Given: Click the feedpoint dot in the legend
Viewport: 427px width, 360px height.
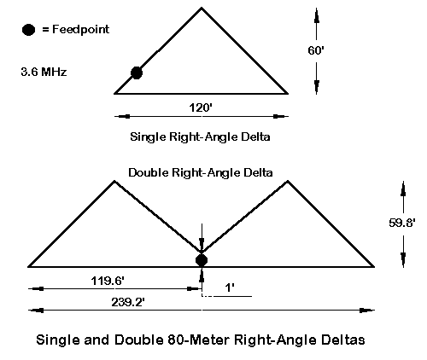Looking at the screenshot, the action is [28, 30].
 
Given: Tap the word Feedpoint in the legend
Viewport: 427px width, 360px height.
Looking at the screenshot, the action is [80, 29].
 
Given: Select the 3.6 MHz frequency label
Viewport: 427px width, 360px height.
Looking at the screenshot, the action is [44, 72].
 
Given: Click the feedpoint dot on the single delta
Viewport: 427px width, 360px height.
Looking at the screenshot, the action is [137, 73].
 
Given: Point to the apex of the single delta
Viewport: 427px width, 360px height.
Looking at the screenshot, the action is [202, 9].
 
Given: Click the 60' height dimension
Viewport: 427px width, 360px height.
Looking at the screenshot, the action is [316, 50].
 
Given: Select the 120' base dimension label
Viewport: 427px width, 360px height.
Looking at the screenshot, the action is [201, 107].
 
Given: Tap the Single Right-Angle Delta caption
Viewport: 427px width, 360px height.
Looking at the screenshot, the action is [200, 136].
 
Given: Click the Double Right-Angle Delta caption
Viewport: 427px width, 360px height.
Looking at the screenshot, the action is [201, 172].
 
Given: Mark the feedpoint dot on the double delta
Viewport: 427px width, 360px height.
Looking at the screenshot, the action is [202, 260].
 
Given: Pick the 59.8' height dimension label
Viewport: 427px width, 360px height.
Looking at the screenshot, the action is [402, 223].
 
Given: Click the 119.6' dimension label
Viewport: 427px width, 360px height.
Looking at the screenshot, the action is [108, 281].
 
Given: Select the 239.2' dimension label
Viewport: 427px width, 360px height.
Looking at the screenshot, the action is [128, 302].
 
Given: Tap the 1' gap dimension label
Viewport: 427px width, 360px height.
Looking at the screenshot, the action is [230, 287].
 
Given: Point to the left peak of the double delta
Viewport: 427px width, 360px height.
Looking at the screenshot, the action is [114, 181].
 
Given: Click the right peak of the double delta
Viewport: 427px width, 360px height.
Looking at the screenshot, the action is [288, 181].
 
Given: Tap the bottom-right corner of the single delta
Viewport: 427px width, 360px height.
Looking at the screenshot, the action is [287, 93].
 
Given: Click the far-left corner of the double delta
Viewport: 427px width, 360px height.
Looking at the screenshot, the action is [29, 267].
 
